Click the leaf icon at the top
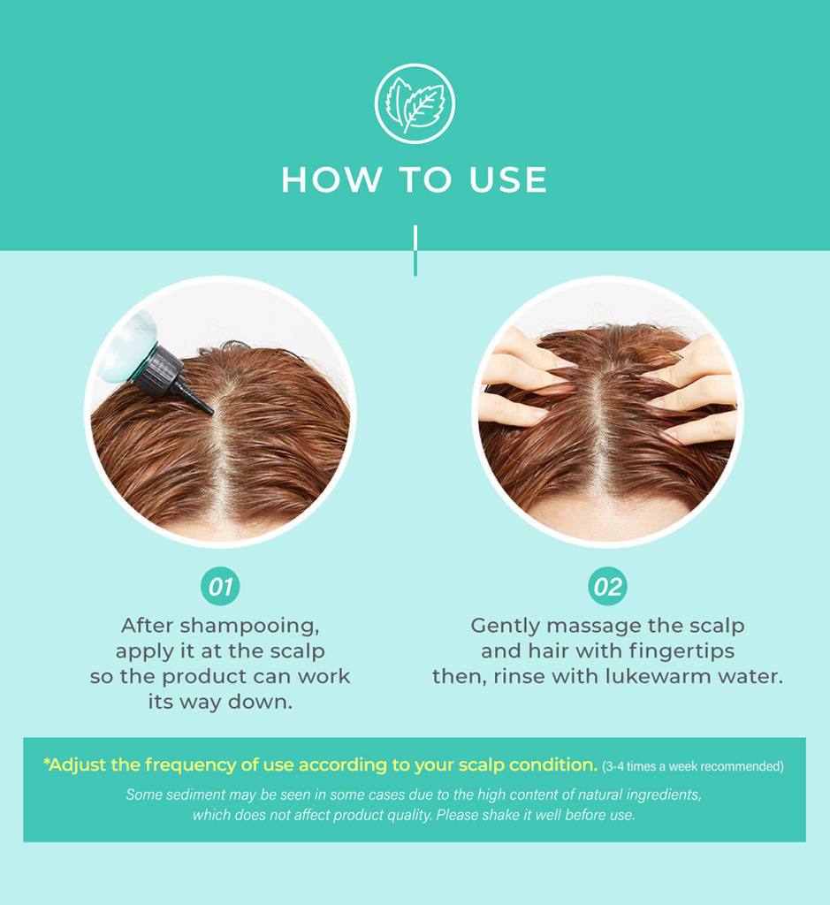pos(415,103)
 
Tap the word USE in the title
pos(509,180)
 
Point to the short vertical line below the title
pos(415,250)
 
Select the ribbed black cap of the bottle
pos(156,368)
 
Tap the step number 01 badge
pos(220,587)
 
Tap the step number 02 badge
pos(607,587)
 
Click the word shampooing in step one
pos(248,627)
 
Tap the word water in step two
pos(749,678)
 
